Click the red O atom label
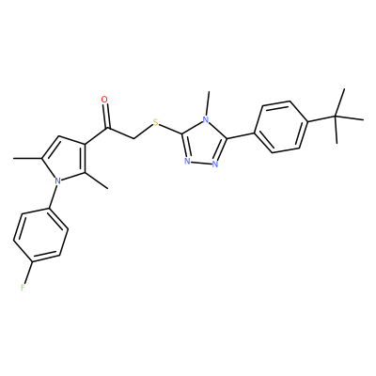[104, 100]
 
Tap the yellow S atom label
[155, 122]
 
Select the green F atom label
[23, 288]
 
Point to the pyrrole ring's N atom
[57, 180]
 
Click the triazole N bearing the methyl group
[205, 119]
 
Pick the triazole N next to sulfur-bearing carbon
[187, 162]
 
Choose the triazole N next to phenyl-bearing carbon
[215, 164]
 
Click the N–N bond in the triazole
[201, 163]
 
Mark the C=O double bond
[106, 116]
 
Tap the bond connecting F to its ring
[28, 273]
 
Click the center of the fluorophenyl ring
[41, 234]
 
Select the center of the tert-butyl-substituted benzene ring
[281, 127]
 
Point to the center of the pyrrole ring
[65, 160]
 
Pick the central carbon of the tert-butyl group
[336, 117]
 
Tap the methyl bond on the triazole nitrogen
[208, 103]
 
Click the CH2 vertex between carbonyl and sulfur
[134, 138]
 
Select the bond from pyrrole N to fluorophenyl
[54, 196]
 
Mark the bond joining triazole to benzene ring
[241, 135]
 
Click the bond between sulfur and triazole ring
[170, 130]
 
